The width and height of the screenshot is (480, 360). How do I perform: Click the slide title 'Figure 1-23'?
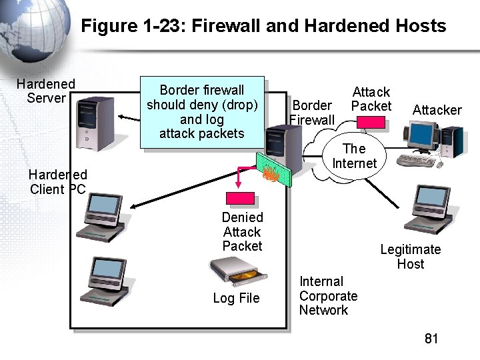click(263, 26)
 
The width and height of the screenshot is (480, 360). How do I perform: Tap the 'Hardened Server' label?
click(46, 91)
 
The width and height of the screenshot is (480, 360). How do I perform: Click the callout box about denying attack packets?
click(202, 111)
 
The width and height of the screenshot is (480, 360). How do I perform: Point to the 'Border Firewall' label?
click(312, 113)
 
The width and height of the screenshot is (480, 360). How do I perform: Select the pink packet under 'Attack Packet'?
click(371, 123)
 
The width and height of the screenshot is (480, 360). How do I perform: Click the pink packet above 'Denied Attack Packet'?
click(241, 199)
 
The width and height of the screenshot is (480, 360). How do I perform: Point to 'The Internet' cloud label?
click(354, 156)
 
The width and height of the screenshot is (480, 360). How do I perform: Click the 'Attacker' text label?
click(437, 110)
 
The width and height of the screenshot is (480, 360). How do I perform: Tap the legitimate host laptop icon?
click(428, 209)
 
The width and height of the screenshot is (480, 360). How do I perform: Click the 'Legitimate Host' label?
click(410, 257)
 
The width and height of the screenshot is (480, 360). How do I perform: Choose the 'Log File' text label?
click(236, 298)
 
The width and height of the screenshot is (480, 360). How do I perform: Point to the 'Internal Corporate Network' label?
click(328, 296)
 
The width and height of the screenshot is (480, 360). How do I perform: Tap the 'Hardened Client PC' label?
click(57, 182)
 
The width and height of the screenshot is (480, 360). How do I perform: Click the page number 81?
click(431, 339)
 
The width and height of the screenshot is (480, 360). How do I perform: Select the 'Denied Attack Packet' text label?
click(242, 231)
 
